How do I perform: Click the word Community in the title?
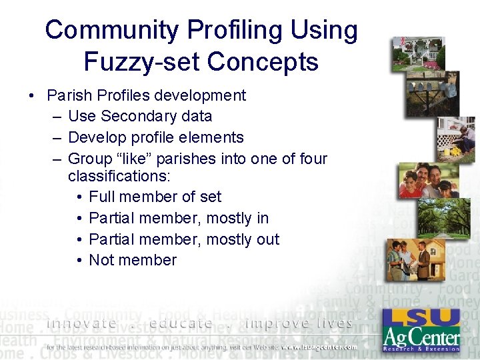coord(111,30)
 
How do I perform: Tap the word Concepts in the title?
coord(263,62)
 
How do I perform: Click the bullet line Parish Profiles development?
coord(146,95)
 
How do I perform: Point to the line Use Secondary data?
coord(140,116)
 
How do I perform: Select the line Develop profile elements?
coord(156,137)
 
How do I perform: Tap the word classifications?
coord(119,176)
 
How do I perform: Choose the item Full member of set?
coord(155,197)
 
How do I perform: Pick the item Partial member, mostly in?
coord(179,218)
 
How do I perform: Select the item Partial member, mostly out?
coord(184,239)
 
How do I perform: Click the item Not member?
coord(133,260)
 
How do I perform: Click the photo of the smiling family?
coord(426,180)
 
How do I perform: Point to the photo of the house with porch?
coord(418,53)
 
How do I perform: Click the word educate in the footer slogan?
coord(181,323)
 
